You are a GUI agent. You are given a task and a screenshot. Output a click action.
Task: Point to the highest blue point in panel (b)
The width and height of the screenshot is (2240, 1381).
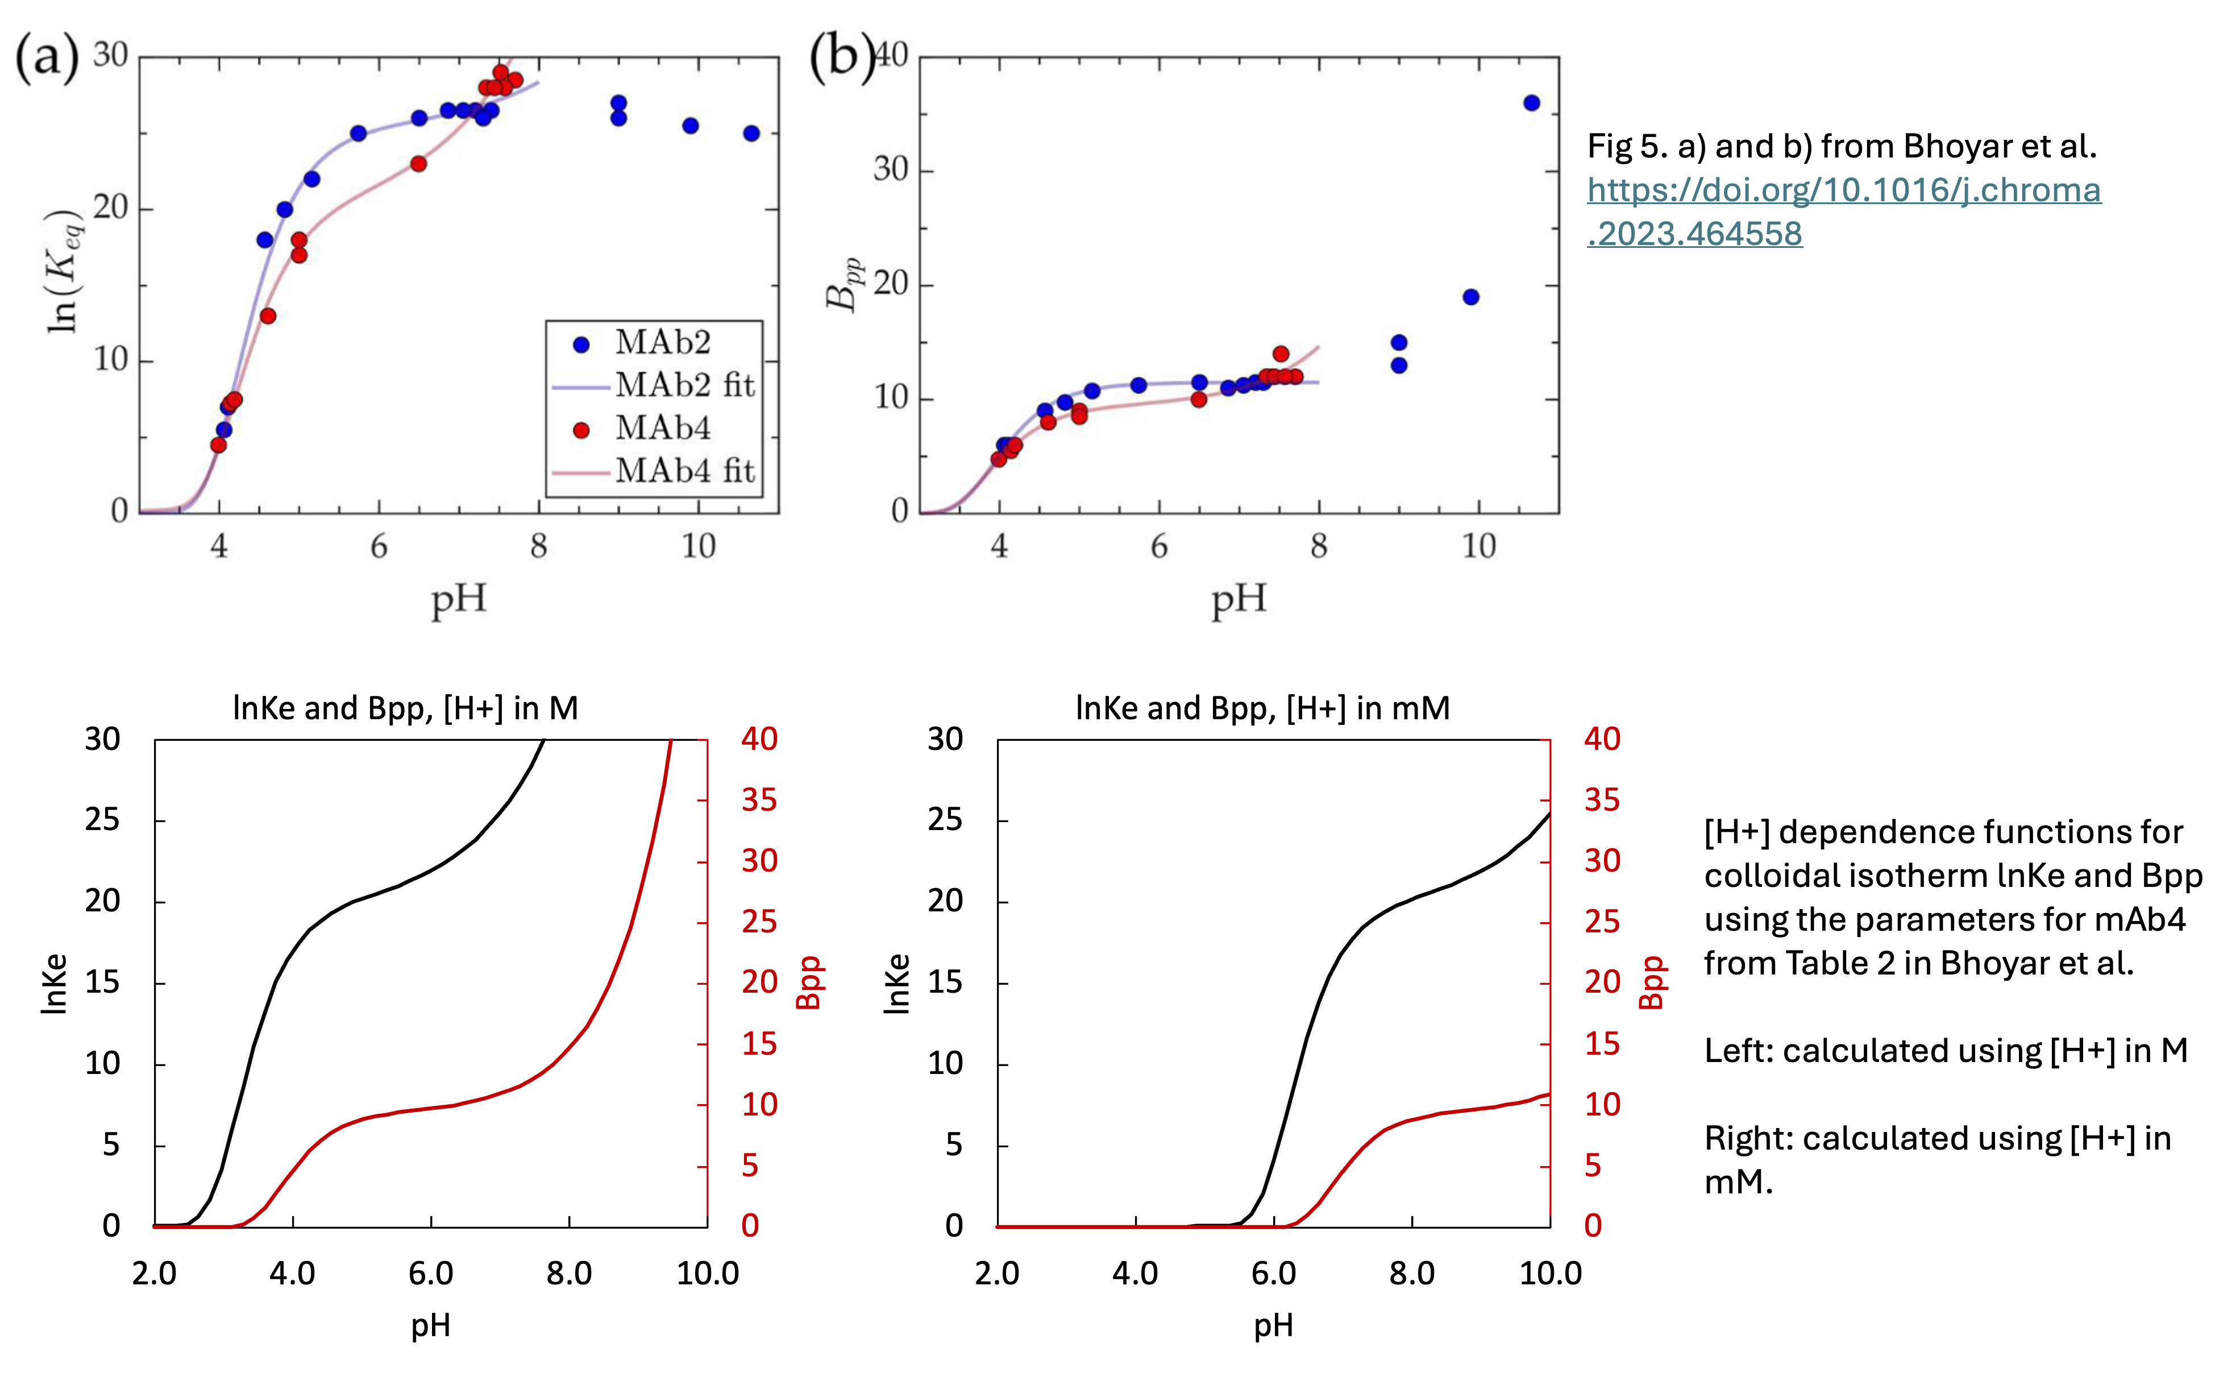click(1531, 103)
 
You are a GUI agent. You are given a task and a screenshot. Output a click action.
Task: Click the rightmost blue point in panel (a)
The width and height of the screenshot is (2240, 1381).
click(751, 134)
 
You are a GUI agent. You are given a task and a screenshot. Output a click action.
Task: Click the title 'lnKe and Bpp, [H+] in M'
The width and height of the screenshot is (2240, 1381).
click(405, 708)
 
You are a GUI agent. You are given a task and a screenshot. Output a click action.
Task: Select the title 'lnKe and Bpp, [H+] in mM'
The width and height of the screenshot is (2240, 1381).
click(1262, 708)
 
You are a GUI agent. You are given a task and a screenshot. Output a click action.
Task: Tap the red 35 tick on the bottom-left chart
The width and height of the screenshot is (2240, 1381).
click(759, 800)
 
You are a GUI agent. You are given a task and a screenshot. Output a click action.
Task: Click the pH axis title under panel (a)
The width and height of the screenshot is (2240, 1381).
click(459, 600)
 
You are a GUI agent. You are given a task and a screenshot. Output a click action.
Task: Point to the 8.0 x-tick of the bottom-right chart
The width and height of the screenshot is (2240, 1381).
click(1412, 1273)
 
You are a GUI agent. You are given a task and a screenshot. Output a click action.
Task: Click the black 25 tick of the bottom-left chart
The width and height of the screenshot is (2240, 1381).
click(102, 820)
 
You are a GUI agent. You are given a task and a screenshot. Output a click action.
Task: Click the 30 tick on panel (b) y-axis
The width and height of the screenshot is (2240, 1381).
click(890, 170)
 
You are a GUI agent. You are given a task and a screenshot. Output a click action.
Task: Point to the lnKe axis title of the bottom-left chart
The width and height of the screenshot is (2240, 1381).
click(55, 984)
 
